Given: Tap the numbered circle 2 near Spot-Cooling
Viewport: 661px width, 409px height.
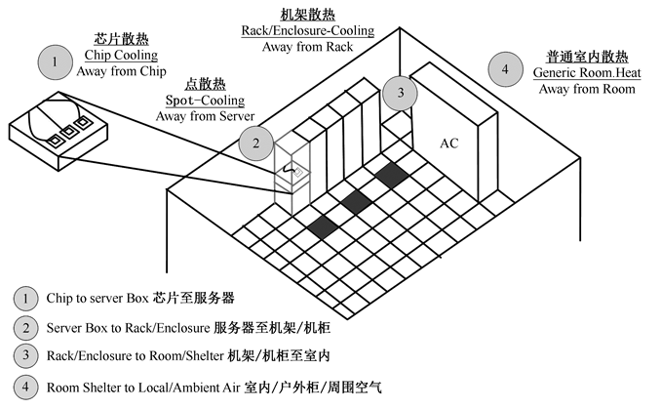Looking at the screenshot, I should (x=255, y=143).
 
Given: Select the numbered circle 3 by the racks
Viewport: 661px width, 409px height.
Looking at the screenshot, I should (x=400, y=94).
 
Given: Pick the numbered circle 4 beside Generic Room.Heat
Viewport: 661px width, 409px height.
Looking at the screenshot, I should (x=504, y=69).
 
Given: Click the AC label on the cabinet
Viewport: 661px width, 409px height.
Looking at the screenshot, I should (x=448, y=143).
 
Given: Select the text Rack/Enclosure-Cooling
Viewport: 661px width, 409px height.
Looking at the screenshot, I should (x=307, y=31).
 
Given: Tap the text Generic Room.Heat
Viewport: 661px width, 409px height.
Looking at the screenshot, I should (x=585, y=73).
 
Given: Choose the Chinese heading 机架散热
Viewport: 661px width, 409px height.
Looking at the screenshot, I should (x=307, y=15).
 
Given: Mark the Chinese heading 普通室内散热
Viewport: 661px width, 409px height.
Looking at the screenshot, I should (x=585, y=58).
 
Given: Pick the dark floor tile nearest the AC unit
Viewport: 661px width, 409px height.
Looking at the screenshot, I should (x=391, y=176).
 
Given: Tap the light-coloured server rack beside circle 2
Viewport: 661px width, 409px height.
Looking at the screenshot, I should (x=292, y=176).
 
